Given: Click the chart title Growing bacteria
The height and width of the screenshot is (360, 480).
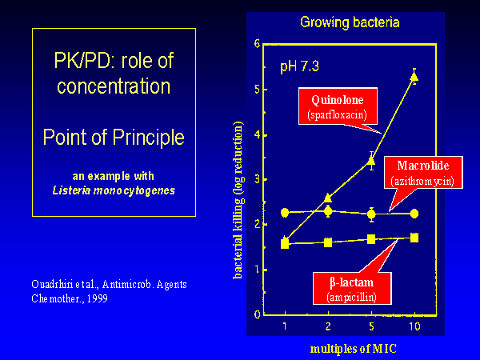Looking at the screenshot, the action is coord(350,22).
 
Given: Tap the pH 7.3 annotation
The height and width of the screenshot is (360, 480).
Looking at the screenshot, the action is coord(299,66).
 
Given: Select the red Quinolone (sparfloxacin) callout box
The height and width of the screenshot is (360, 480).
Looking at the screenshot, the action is coord(338,106).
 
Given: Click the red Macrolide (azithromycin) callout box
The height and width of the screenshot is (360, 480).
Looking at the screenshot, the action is coord(423,172).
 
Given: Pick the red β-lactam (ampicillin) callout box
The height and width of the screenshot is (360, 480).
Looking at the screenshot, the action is coord(352,288).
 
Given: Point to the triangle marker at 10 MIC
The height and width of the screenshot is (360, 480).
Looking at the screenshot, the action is coord(414,77).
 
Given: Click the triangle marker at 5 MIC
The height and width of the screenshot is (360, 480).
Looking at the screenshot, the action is coord(371,161).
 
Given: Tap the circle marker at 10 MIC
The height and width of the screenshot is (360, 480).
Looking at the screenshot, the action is coord(414,214).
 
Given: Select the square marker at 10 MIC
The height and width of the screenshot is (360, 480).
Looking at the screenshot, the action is coord(414,238).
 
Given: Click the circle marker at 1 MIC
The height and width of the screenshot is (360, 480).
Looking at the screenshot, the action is coord(285,213).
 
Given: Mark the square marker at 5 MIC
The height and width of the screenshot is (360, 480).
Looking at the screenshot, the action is coord(371,239).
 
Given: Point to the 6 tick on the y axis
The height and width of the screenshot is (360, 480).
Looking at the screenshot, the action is coord(257,44).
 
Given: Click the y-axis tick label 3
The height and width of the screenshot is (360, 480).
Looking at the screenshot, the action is coord(257,179).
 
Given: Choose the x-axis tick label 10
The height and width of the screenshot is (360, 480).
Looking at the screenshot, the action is coord(414,326).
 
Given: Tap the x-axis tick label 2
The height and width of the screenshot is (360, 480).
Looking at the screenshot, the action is coord(328,326).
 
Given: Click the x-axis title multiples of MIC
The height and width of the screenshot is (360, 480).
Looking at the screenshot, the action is coord(354,349).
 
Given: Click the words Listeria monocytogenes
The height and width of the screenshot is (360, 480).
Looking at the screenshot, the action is coord(114,190).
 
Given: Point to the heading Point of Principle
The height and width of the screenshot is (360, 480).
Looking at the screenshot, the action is coord(114,137).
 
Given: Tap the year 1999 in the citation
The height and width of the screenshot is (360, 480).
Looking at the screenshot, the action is coord(97,298).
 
